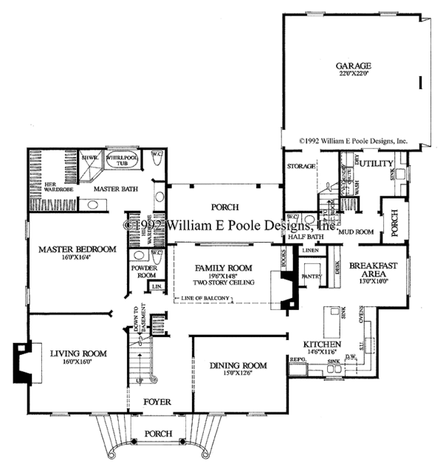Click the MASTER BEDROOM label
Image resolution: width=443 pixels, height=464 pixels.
pyautogui.click(x=78, y=249)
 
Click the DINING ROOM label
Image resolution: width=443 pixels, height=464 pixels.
pyautogui.click(x=238, y=365)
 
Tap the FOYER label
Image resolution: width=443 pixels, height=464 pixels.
pyautogui.click(x=157, y=403)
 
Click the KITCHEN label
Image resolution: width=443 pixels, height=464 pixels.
pyautogui.click(x=322, y=344)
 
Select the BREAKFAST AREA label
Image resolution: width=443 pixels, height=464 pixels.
pyautogui.click(x=374, y=269)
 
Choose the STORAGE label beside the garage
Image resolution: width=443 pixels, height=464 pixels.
pyautogui.click(x=301, y=167)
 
